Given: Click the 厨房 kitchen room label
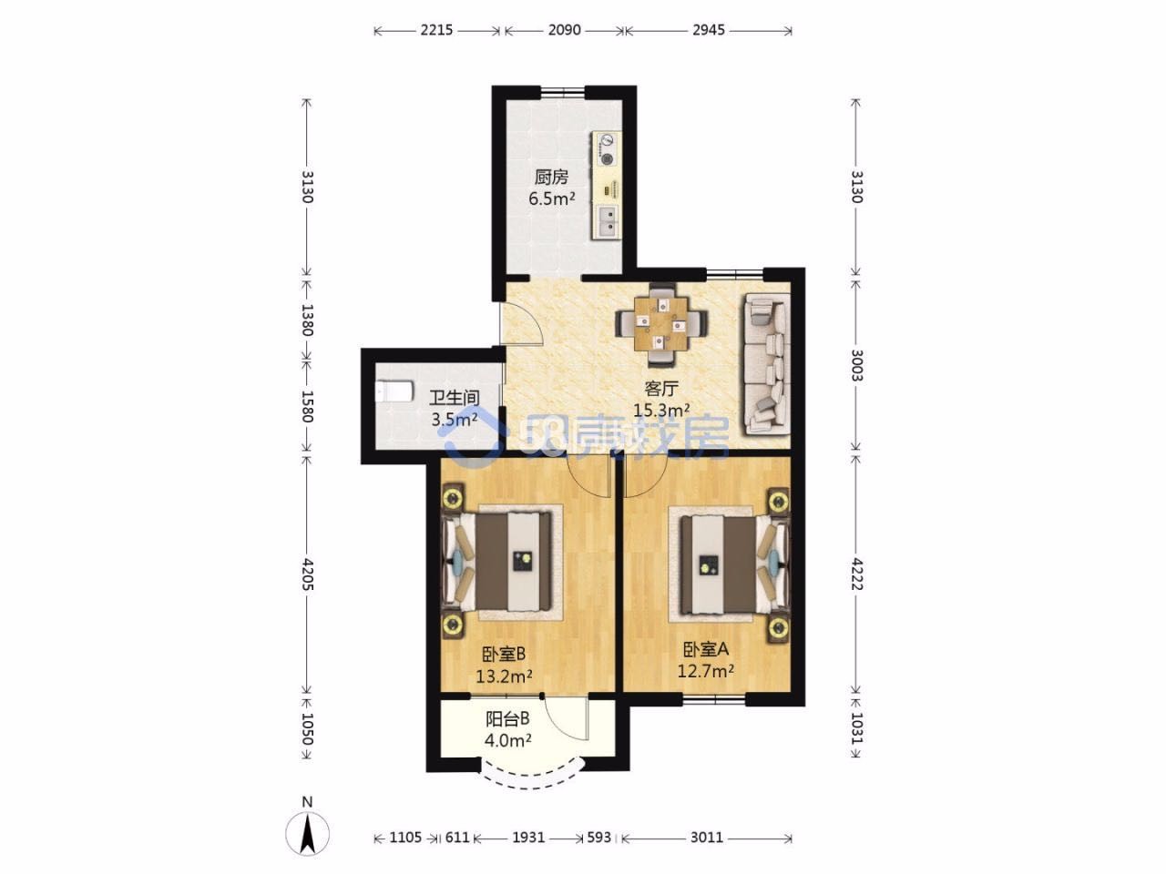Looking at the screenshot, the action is click(551, 177).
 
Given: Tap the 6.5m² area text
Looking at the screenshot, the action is click(552, 199).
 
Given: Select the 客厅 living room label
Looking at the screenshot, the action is click(661, 389).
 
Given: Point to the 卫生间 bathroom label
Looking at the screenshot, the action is click(455, 398).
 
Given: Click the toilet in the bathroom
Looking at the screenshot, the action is click(394, 391).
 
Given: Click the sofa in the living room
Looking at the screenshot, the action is click(766, 365).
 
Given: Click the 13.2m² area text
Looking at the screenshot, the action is click(504, 676).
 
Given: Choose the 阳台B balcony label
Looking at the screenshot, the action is click(507, 719).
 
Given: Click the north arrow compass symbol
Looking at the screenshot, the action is click(307, 833).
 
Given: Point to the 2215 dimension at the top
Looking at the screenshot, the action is click(436, 30).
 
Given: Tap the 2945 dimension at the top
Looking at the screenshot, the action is click(708, 30).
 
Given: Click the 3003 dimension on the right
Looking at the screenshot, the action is click(856, 365).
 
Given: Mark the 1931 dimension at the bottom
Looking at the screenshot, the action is click(528, 837).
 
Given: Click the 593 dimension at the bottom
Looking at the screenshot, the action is click(598, 837).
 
